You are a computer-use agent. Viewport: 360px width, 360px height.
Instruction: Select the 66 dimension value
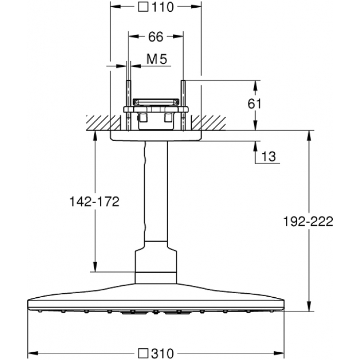click(155, 37)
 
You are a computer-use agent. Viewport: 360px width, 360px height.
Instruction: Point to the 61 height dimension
click(255, 104)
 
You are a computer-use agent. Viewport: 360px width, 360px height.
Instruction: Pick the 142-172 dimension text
click(94, 202)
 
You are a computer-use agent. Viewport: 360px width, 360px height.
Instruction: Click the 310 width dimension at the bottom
click(163, 353)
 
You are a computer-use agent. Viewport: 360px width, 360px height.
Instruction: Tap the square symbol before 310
click(144, 353)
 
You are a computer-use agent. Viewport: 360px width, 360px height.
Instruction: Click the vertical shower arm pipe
click(155, 195)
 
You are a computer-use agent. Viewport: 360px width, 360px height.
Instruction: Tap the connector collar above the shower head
click(155, 265)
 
